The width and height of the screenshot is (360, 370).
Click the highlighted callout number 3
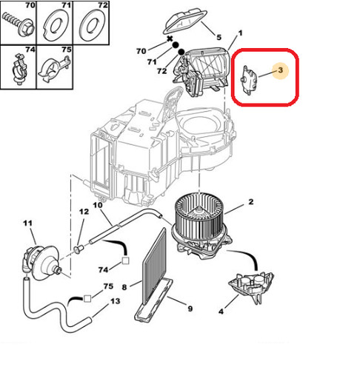click(280, 70)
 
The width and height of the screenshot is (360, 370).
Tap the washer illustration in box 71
click(55, 25)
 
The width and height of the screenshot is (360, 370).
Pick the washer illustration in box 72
click(92, 24)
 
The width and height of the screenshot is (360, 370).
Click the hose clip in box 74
click(19, 69)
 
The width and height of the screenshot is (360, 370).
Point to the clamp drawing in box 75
click(54, 70)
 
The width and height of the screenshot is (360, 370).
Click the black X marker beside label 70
click(170, 39)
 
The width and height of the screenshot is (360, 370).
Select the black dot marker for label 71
click(176, 45)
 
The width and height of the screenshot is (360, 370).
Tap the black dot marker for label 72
click(181, 52)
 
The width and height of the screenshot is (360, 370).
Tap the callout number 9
click(190, 309)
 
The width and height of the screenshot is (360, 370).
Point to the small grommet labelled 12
click(79, 249)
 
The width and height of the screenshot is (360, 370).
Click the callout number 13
click(115, 301)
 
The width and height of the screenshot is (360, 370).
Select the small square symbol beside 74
click(125, 260)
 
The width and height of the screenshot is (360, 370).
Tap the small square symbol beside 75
click(87, 299)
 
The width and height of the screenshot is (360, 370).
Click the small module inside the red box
click(249, 80)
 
